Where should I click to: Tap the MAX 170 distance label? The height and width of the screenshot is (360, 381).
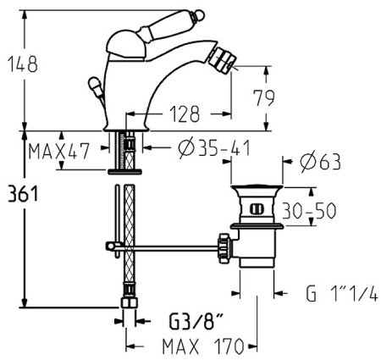coord(196,346)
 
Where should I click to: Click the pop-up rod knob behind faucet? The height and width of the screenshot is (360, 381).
coord(92,86)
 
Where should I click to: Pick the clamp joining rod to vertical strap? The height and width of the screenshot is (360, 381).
coord(110,246)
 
